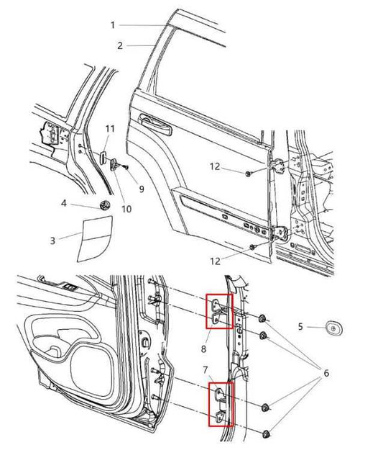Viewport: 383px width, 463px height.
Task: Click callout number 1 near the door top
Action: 113,24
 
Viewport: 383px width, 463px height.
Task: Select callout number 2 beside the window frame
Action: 120,45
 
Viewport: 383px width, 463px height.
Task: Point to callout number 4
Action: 64,204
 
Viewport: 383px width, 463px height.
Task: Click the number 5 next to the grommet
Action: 301,326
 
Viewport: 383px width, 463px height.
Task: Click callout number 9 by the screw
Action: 141,189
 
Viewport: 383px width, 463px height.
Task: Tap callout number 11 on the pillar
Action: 109,128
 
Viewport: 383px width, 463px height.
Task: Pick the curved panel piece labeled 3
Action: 92,239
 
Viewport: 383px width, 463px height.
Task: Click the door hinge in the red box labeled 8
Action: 218,310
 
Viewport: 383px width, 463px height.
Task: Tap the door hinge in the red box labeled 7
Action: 219,405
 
